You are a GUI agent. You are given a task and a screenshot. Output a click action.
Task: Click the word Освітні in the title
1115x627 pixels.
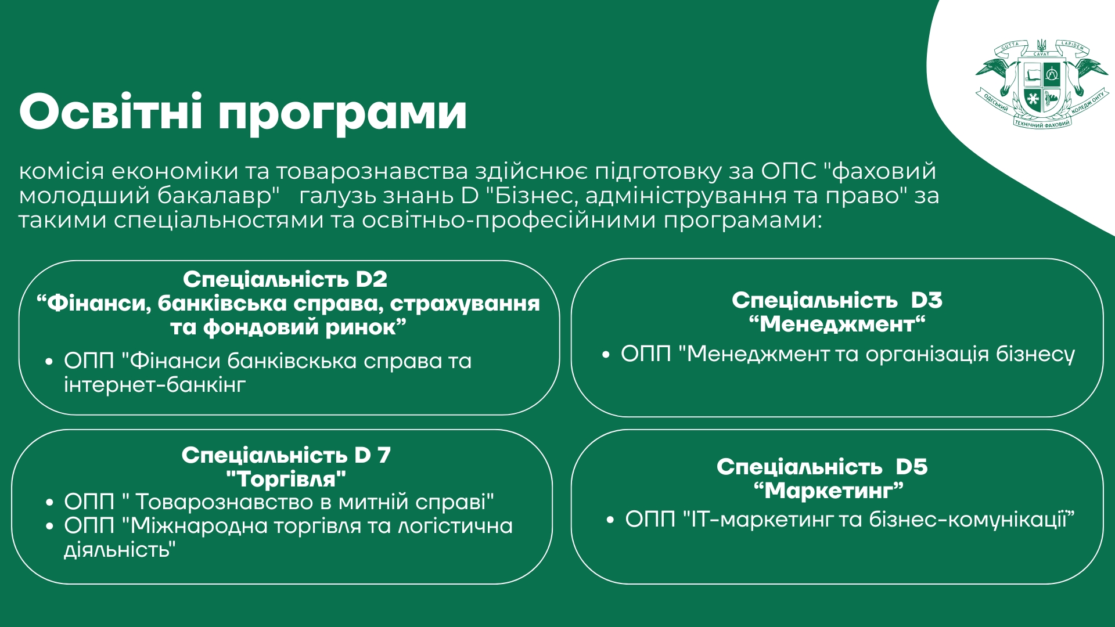point(111,111)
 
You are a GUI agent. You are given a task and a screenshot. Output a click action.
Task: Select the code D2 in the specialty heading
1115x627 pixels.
point(372,279)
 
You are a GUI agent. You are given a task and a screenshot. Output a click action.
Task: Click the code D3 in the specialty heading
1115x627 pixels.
point(926,300)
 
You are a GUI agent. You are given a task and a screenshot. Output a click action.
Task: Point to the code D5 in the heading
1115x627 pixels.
point(911,467)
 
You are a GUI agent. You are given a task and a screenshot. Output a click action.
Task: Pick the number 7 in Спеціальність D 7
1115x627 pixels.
point(384,455)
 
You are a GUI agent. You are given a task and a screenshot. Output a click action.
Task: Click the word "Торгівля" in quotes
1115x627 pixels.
point(286,480)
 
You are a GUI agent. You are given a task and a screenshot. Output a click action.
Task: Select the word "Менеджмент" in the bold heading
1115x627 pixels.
point(837,324)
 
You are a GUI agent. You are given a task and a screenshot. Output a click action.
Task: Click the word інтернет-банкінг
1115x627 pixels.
point(155,385)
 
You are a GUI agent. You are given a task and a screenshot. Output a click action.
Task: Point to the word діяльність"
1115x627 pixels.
point(120,550)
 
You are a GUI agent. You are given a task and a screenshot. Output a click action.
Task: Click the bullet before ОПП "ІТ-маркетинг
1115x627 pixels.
point(610,520)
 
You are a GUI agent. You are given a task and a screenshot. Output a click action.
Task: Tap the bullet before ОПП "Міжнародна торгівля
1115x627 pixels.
point(50,527)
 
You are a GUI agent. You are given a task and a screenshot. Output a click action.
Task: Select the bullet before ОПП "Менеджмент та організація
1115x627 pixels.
point(606,354)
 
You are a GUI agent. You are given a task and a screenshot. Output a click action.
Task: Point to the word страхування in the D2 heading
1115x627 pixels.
point(465,304)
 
